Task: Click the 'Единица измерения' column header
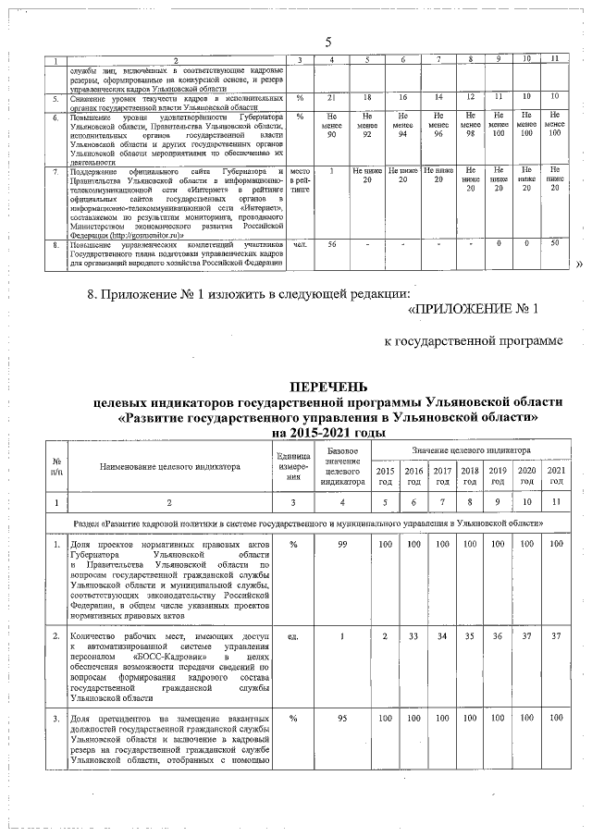pyautogui.click(x=292, y=466)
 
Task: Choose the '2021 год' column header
pyautogui.click(x=555, y=476)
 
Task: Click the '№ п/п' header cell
pyautogui.click(x=57, y=466)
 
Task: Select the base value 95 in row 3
pyautogui.click(x=342, y=718)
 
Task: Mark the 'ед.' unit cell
pyautogui.click(x=292, y=637)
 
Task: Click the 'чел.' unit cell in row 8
pyautogui.click(x=300, y=243)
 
